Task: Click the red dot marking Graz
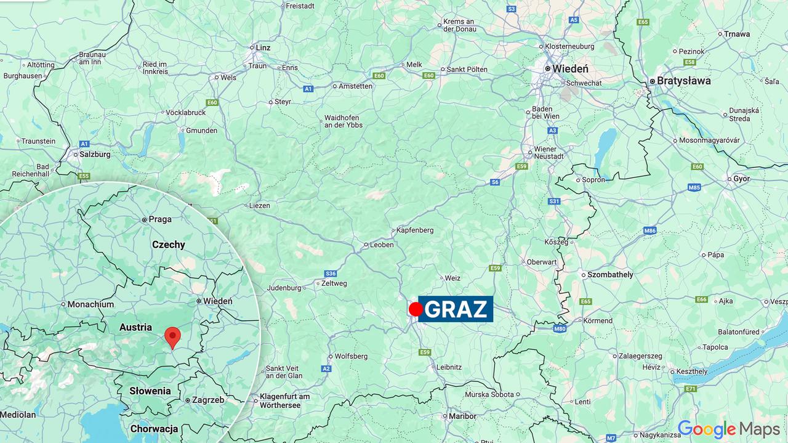click(416, 309)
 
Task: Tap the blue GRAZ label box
click(456, 309)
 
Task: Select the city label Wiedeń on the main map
click(570, 69)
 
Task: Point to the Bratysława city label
click(683, 81)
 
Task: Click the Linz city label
click(263, 47)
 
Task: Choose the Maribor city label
click(462, 416)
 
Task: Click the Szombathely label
click(610, 274)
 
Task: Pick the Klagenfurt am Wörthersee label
click(284, 400)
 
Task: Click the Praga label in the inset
click(160, 219)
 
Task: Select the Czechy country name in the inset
click(168, 245)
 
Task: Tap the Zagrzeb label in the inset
click(208, 400)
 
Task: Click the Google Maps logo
click(728, 429)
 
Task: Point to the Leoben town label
click(382, 245)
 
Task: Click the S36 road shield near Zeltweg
click(331, 273)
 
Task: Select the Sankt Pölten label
click(467, 70)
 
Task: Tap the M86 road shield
click(650, 230)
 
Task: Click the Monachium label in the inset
click(90, 304)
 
